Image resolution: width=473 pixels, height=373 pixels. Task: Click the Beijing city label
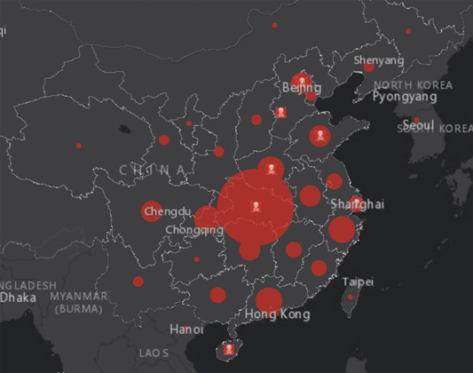point(301,89)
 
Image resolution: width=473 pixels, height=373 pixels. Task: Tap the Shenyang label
point(378,61)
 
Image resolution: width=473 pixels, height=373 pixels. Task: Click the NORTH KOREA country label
point(407,83)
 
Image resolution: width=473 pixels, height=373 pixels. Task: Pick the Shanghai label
point(357,204)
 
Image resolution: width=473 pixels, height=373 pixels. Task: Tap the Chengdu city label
point(167,211)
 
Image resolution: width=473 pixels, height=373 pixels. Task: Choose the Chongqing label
point(194,230)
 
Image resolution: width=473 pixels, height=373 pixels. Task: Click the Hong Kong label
point(278,315)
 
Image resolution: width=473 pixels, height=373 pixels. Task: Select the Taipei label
point(358,282)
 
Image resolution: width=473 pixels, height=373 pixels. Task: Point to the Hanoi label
point(186,329)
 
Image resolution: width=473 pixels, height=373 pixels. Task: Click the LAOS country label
point(154,353)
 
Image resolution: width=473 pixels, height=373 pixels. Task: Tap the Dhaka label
point(18,298)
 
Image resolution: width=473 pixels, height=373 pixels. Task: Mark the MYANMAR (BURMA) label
point(79,302)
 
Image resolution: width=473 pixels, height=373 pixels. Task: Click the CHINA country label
point(152,169)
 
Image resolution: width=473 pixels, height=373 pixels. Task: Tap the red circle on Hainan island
point(231,350)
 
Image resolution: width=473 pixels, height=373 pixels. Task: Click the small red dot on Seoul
point(416,119)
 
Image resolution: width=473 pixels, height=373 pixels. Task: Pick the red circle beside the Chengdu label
point(151,211)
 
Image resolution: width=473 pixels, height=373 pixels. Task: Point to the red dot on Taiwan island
point(350,297)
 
